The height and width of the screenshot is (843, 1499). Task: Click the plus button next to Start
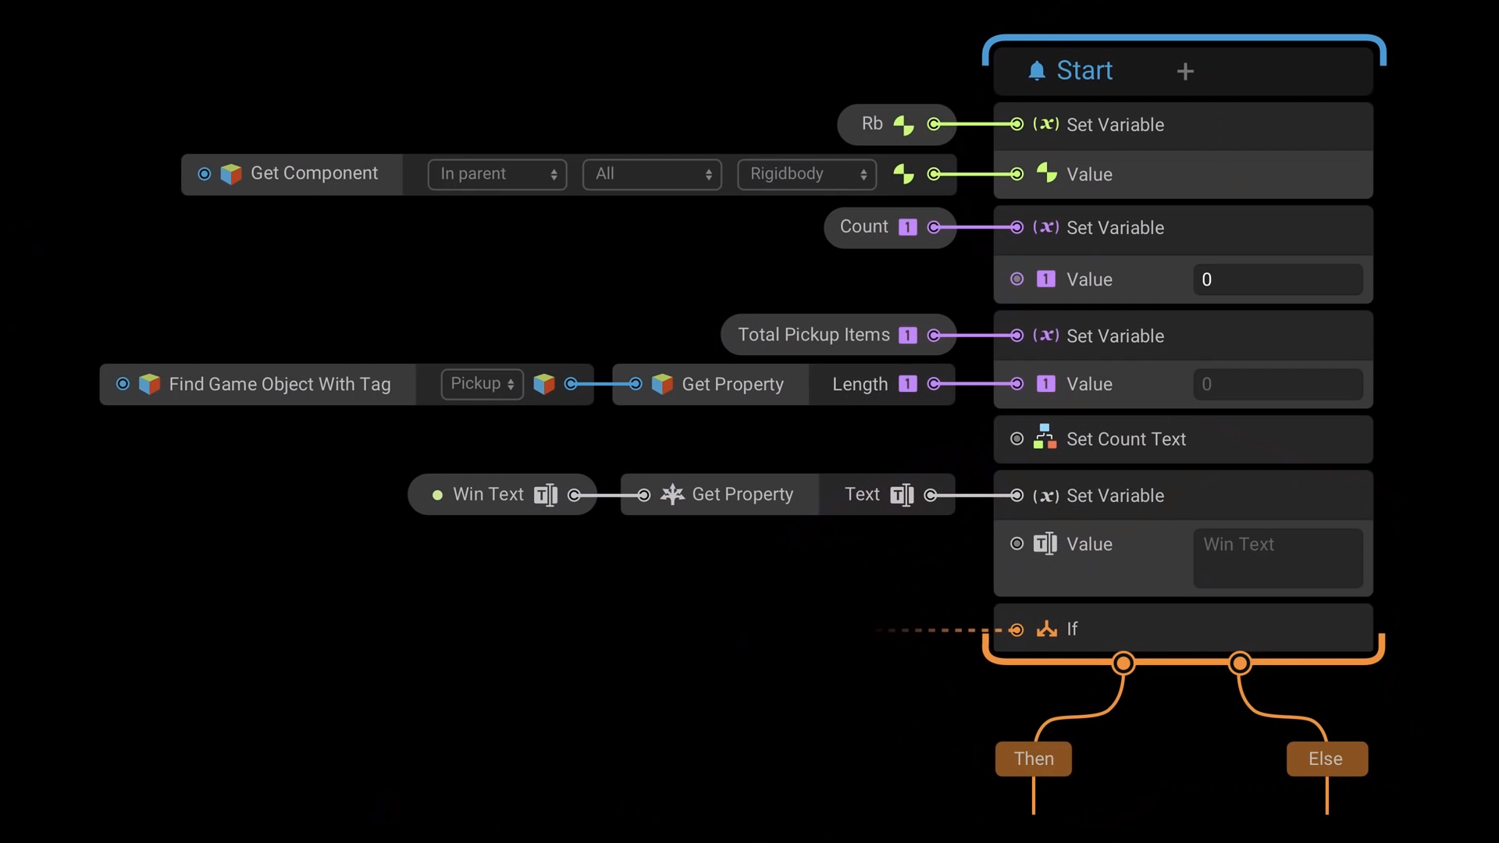tap(1185, 72)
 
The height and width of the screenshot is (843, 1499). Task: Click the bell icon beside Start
tap(1037, 71)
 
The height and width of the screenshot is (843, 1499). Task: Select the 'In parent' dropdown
tap(497, 174)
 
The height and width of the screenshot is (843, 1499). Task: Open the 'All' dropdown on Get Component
tap(652, 174)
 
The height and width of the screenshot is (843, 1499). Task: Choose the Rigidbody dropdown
tap(806, 174)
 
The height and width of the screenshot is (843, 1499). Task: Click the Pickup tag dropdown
tap(482, 384)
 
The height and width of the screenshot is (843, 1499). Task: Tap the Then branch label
tap(1033, 759)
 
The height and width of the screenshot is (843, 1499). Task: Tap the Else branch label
tap(1326, 759)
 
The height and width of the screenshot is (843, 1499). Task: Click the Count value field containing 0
tap(1277, 279)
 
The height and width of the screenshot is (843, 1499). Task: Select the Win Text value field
tap(1277, 557)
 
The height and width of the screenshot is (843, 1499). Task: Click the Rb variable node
tap(872, 124)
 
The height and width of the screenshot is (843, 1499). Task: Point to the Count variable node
tap(863, 227)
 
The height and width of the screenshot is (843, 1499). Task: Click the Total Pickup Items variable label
tap(814, 335)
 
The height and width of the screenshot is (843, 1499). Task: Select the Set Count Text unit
tap(1126, 439)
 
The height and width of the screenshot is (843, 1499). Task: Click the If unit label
tap(1072, 629)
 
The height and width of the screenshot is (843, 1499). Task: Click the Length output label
tap(860, 384)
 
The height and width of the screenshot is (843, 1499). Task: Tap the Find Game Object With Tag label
tap(280, 384)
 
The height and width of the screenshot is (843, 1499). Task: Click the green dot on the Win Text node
tap(437, 495)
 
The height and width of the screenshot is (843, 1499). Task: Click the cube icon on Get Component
tap(231, 174)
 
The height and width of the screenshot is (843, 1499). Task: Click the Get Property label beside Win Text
tap(742, 495)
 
